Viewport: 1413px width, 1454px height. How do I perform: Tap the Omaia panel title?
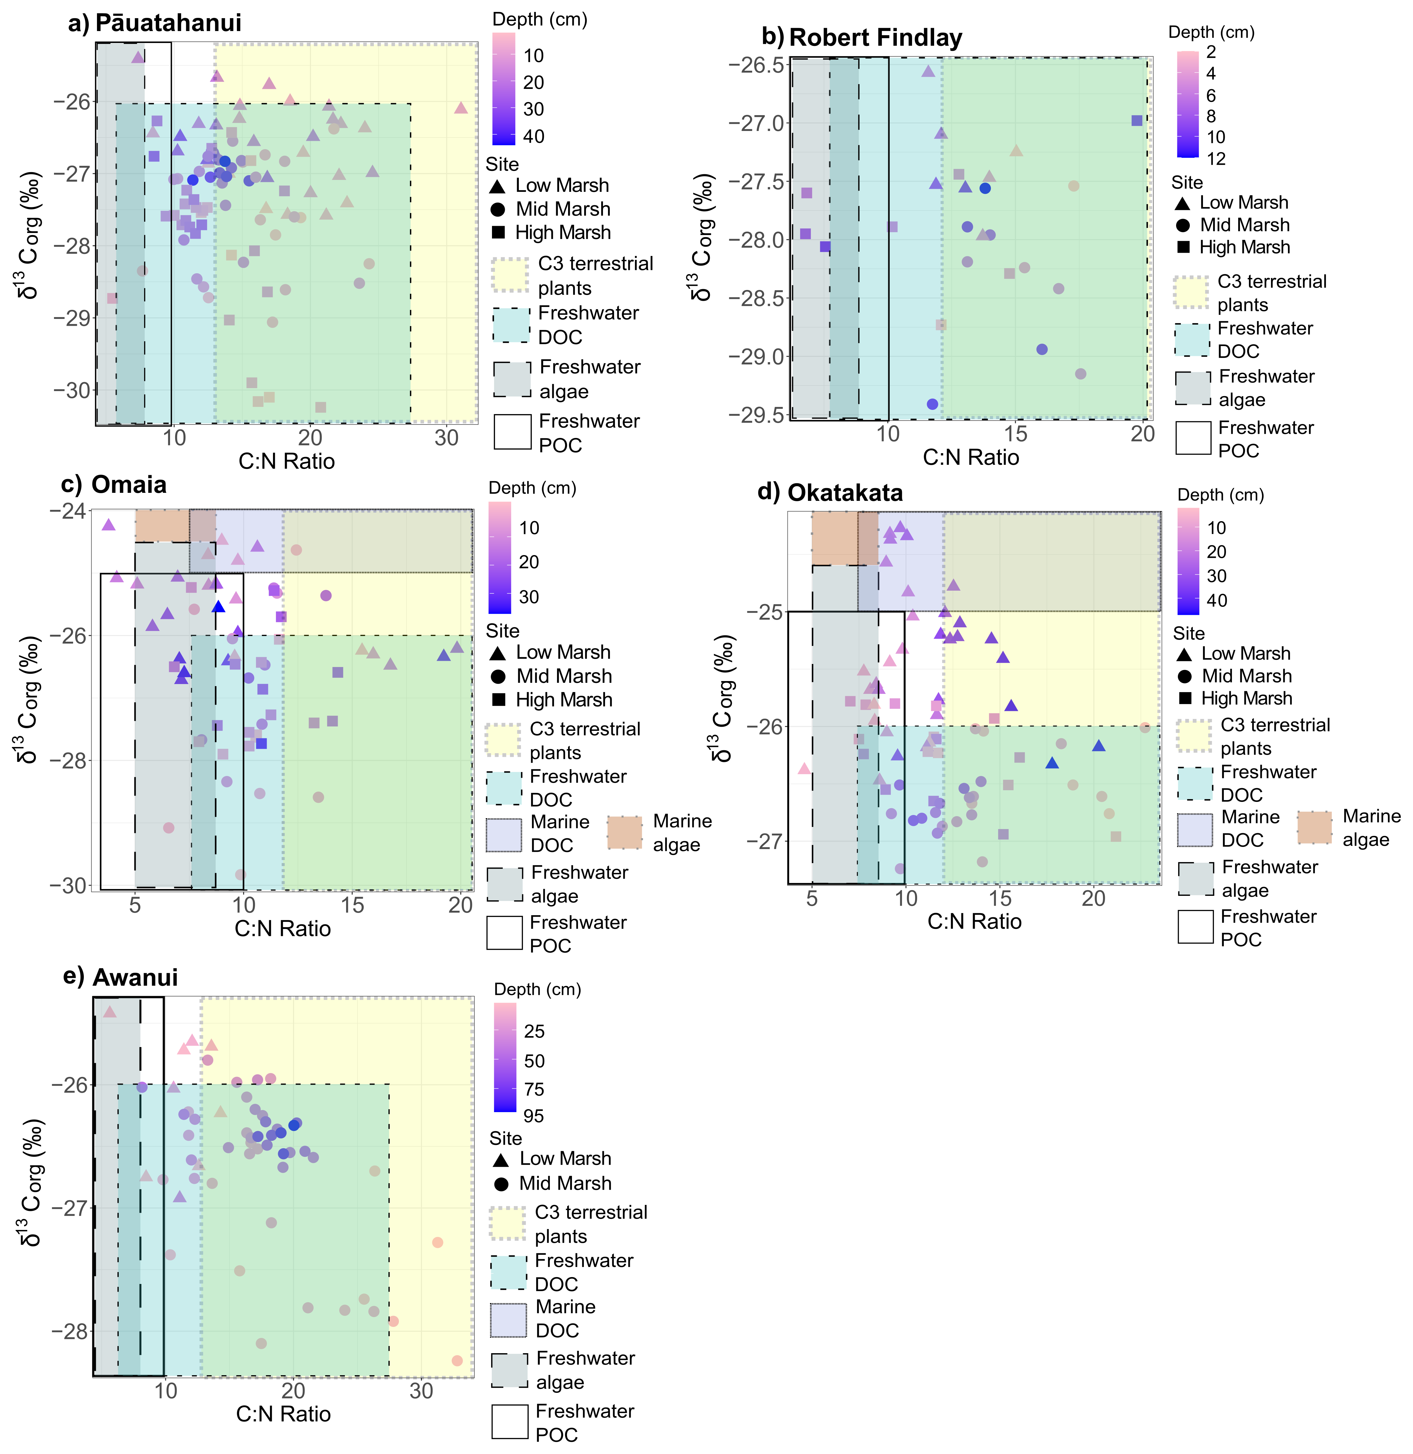pos(128,485)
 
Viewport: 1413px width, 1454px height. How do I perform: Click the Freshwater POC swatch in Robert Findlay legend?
pos(1193,439)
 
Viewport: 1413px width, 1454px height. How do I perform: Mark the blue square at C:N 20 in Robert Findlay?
pos(1136,120)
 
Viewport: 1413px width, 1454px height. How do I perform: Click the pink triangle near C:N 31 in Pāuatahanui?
pos(461,108)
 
